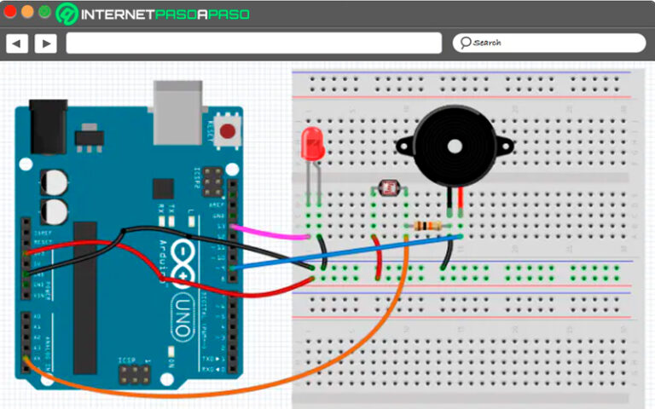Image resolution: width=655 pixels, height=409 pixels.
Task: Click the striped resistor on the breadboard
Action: (426, 226)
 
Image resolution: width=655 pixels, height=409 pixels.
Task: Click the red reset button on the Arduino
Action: (228, 132)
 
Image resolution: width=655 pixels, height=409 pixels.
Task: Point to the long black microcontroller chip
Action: (84, 298)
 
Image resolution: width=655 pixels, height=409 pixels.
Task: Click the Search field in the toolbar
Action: (548, 43)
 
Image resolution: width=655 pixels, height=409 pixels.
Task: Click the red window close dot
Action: (10, 12)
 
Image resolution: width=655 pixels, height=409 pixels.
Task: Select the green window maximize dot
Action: (43, 12)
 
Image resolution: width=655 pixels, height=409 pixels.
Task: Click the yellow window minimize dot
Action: (27, 12)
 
